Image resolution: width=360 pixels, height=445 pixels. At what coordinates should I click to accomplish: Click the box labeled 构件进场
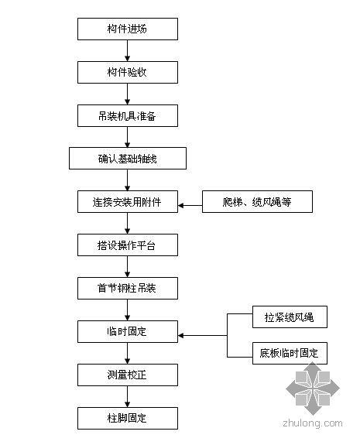tap(128, 29)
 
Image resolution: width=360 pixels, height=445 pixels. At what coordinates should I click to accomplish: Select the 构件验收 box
tap(128, 73)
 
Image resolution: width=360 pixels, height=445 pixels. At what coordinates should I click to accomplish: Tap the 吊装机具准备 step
tap(128, 116)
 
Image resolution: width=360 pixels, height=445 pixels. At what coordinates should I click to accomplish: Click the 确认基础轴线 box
tap(128, 159)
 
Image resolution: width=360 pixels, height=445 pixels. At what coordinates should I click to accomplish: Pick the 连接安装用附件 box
tap(128, 202)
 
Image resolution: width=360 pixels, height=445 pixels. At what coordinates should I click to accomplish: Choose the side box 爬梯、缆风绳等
tap(257, 202)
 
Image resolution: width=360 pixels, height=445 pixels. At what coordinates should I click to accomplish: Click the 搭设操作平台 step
tap(128, 245)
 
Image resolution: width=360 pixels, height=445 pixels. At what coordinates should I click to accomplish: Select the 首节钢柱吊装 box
tap(128, 289)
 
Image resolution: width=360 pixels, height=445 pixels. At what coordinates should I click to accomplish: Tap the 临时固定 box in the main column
tap(128, 332)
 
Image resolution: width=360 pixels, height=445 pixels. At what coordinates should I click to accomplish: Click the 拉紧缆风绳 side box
tap(290, 317)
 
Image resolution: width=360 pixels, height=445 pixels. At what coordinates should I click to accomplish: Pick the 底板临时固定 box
tap(290, 354)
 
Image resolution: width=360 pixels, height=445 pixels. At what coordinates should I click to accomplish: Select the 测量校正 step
tap(128, 375)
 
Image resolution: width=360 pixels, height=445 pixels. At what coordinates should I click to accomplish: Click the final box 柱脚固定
tap(128, 419)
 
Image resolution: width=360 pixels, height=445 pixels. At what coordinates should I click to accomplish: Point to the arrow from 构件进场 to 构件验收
tap(128, 50)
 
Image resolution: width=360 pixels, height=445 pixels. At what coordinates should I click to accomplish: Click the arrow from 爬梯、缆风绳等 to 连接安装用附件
tap(190, 205)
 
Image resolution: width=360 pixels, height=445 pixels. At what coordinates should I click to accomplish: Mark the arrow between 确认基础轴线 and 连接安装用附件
tap(128, 180)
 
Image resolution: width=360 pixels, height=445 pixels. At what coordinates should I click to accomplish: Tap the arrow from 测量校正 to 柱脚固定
tap(128, 397)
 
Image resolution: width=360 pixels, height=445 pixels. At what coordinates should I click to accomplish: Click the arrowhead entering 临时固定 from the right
tap(180, 336)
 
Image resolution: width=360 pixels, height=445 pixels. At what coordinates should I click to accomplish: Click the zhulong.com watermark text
tap(313, 423)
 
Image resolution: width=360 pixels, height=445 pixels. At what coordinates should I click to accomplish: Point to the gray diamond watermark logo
tap(313, 389)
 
